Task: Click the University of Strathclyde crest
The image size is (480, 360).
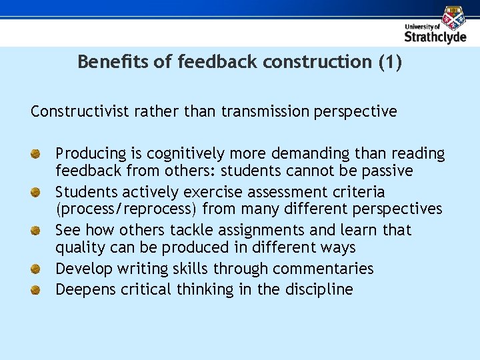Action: point(454,17)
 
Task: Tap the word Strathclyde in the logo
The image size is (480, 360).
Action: point(435,37)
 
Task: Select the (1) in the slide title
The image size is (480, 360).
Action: point(390,62)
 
